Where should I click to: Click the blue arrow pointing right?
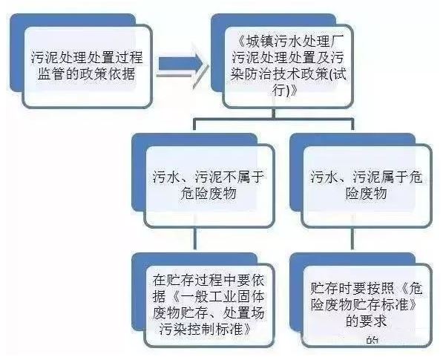coord(180,65)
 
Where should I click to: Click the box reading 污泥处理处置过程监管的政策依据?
coord(87,66)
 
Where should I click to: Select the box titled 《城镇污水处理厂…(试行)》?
coord(288,66)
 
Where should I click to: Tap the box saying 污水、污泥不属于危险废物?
coord(209,186)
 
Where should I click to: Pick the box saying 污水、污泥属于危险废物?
coord(367,186)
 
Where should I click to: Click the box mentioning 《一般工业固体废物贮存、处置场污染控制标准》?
coord(209,305)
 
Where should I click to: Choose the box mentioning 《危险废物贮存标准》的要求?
coord(367,305)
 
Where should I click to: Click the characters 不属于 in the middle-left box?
coord(243,177)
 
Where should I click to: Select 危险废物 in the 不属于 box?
coord(209,194)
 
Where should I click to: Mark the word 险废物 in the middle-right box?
coord(367,194)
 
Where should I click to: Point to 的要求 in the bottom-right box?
coord(367,321)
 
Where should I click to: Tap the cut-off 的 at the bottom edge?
coord(373,340)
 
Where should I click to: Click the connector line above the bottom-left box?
coord(194,238)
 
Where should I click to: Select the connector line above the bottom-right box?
coord(352,238)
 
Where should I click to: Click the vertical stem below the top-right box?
coord(273,114)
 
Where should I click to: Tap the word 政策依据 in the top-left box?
coord(107,74)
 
